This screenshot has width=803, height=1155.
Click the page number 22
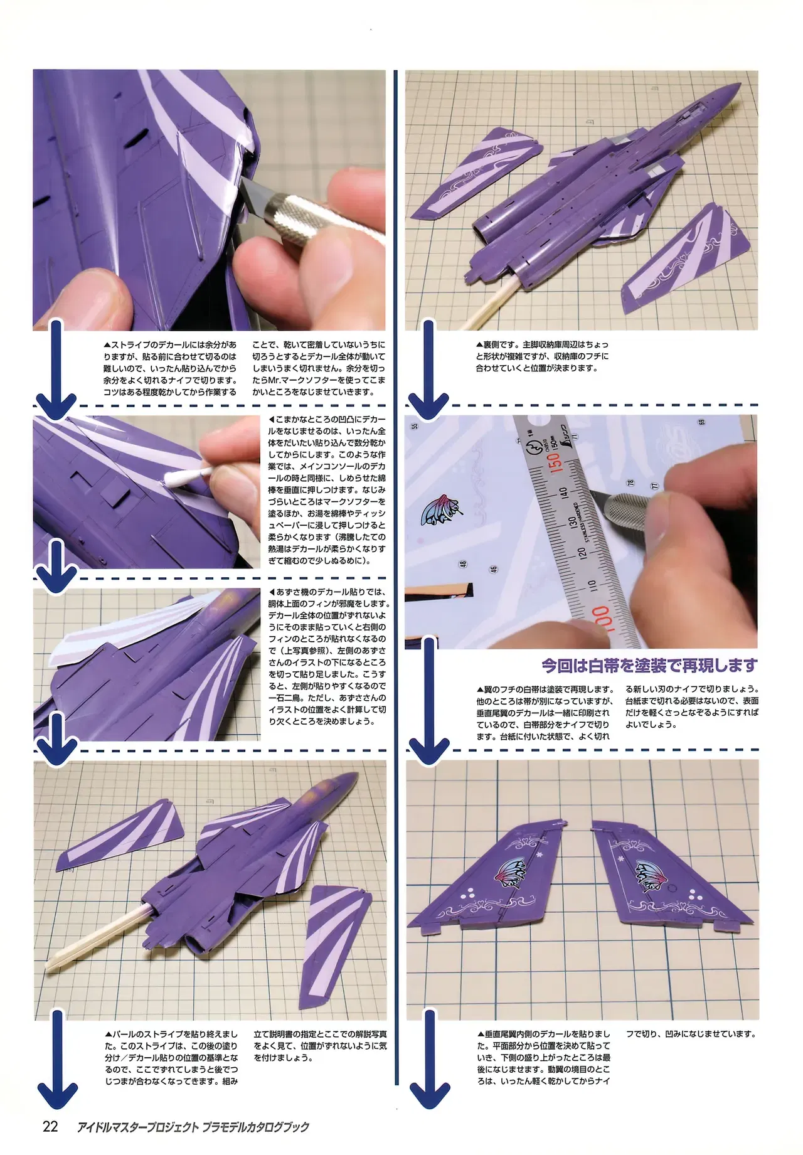tap(50, 1126)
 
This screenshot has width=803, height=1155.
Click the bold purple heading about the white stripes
tap(650, 665)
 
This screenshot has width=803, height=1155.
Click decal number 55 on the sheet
tap(415, 427)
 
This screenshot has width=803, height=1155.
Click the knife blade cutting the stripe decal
tap(252, 196)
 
